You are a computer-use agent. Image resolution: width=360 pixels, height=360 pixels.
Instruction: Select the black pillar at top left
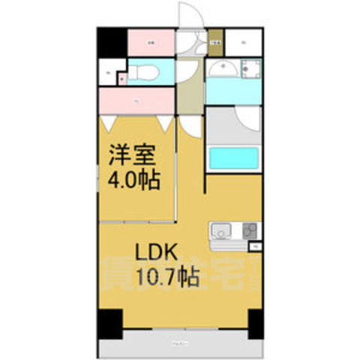click(112, 42)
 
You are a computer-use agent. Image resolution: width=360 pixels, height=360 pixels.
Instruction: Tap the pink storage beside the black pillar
click(151, 42)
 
